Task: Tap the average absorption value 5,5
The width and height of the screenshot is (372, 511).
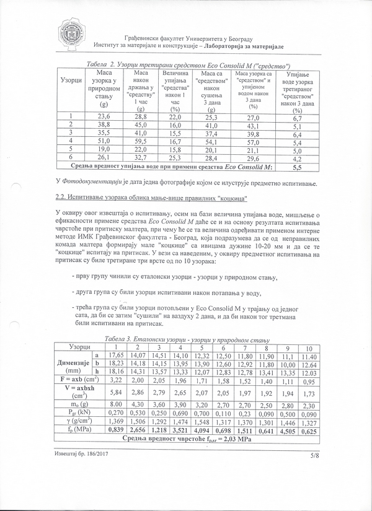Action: pyautogui.click(x=296, y=167)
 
